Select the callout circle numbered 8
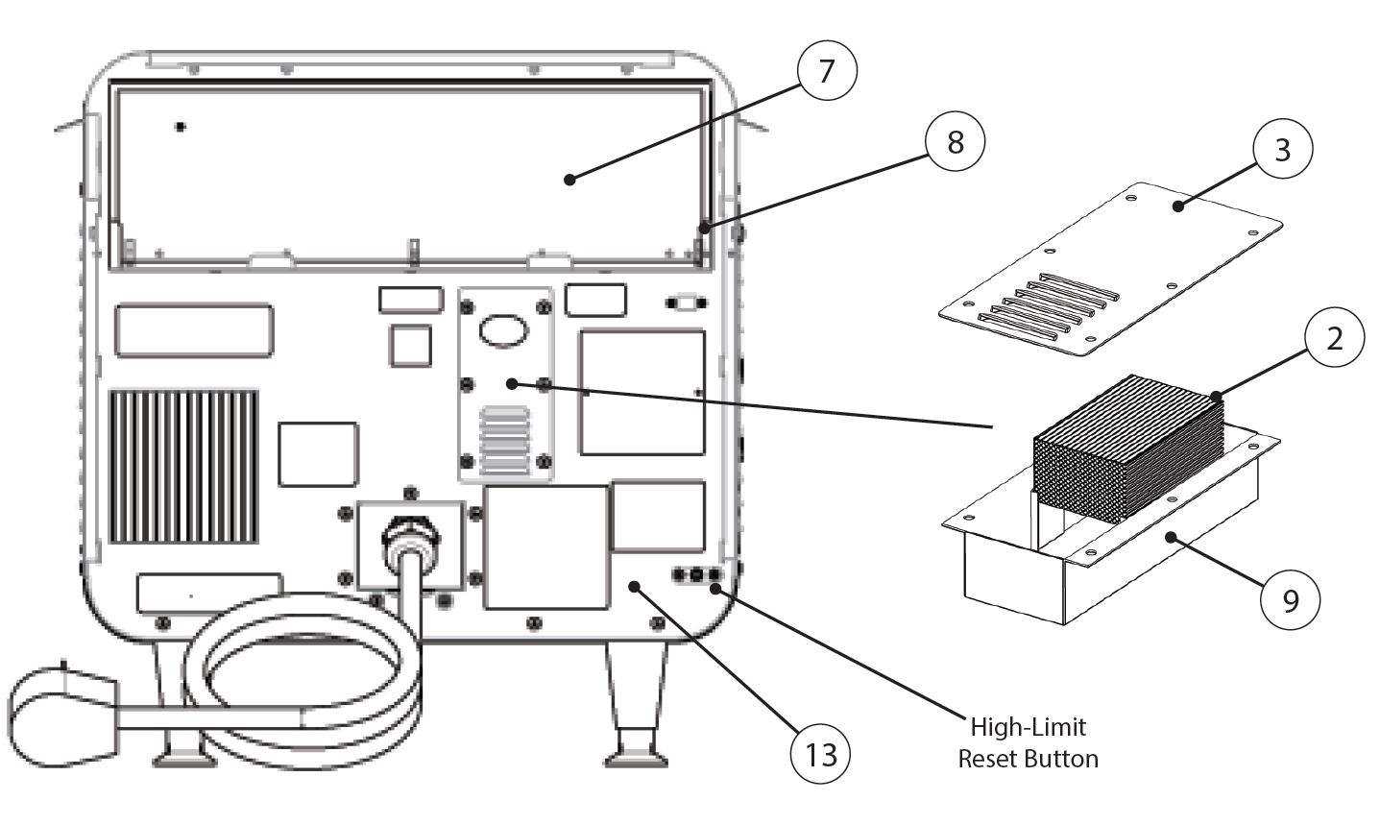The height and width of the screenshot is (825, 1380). pyautogui.click(x=955, y=143)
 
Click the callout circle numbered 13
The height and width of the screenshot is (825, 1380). pyautogui.click(x=821, y=754)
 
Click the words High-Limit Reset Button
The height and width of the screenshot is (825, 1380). pyautogui.click(x=1028, y=743)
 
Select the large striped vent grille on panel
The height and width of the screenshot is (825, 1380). pyautogui.click(x=183, y=465)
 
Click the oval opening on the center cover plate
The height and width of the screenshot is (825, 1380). pyautogui.click(x=504, y=330)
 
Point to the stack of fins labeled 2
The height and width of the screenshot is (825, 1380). pyautogui.click(x=1124, y=451)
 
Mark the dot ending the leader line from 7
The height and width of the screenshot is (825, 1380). pyautogui.click(x=569, y=179)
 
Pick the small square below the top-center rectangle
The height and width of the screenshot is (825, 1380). pyautogui.click(x=411, y=344)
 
